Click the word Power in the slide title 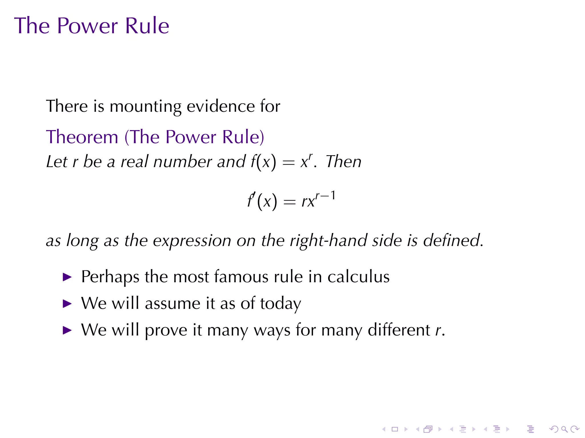pyautogui.click(x=87, y=26)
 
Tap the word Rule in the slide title pyautogui.click(x=147, y=26)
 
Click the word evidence pyautogui.click(x=221, y=106)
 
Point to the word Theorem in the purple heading pyautogui.click(x=82, y=137)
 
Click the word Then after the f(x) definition pyautogui.click(x=344, y=162)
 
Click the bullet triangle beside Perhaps pyautogui.click(x=67, y=277)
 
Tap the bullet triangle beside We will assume pyautogui.click(x=67, y=304)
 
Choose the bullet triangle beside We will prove pyautogui.click(x=67, y=330)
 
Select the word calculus pyautogui.click(x=358, y=277)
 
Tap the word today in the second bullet pyautogui.click(x=281, y=304)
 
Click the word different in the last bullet pyautogui.click(x=399, y=330)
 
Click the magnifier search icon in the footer pyautogui.click(x=564, y=429)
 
